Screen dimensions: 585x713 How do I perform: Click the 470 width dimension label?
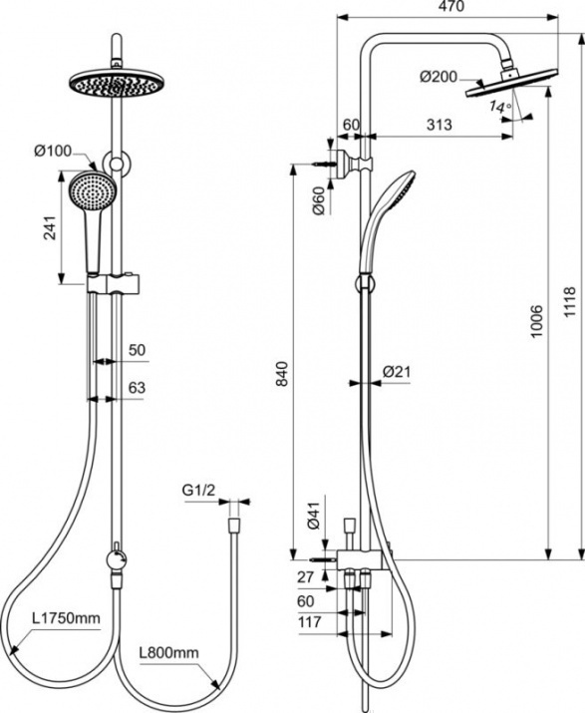pyautogui.click(x=451, y=6)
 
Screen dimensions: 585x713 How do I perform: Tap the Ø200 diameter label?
pyautogui.click(x=439, y=77)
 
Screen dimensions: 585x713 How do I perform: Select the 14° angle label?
pyautogui.click(x=500, y=108)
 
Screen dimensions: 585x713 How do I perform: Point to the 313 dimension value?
pyautogui.click(x=439, y=125)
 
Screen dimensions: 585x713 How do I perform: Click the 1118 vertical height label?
pyautogui.click(x=569, y=302)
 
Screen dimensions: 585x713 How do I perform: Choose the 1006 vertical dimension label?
pyautogui.click(x=537, y=321)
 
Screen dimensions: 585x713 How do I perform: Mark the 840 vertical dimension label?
pyautogui.click(x=282, y=373)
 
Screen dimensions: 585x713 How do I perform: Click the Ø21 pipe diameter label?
pyautogui.click(x=397, y=372)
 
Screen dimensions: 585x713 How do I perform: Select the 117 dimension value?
pyautogui.click(x=310, y=621)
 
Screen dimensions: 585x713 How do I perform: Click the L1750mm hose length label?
pyautogui.click(x=66, y=618)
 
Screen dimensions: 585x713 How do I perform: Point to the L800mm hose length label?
pyautogui.click(x=169, y=653)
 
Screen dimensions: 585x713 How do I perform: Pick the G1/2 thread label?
pyautogui.click(x=198, y=491)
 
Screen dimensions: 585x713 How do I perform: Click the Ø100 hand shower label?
pyautogui.click(x=53, y=151)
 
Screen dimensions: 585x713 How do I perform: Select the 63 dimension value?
pyautogui.click(x=137, y=388)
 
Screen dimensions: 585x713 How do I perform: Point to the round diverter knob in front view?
pyautogui.click(x=117, y=559)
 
